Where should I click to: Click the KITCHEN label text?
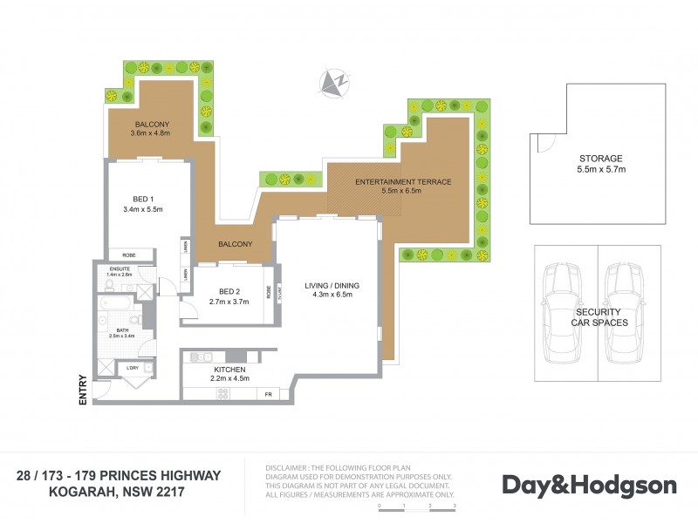pos(231,369)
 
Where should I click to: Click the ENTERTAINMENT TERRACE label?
pos(402,181)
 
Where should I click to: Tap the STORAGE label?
pos(601,159)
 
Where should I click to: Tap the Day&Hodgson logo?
pos(588,485)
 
